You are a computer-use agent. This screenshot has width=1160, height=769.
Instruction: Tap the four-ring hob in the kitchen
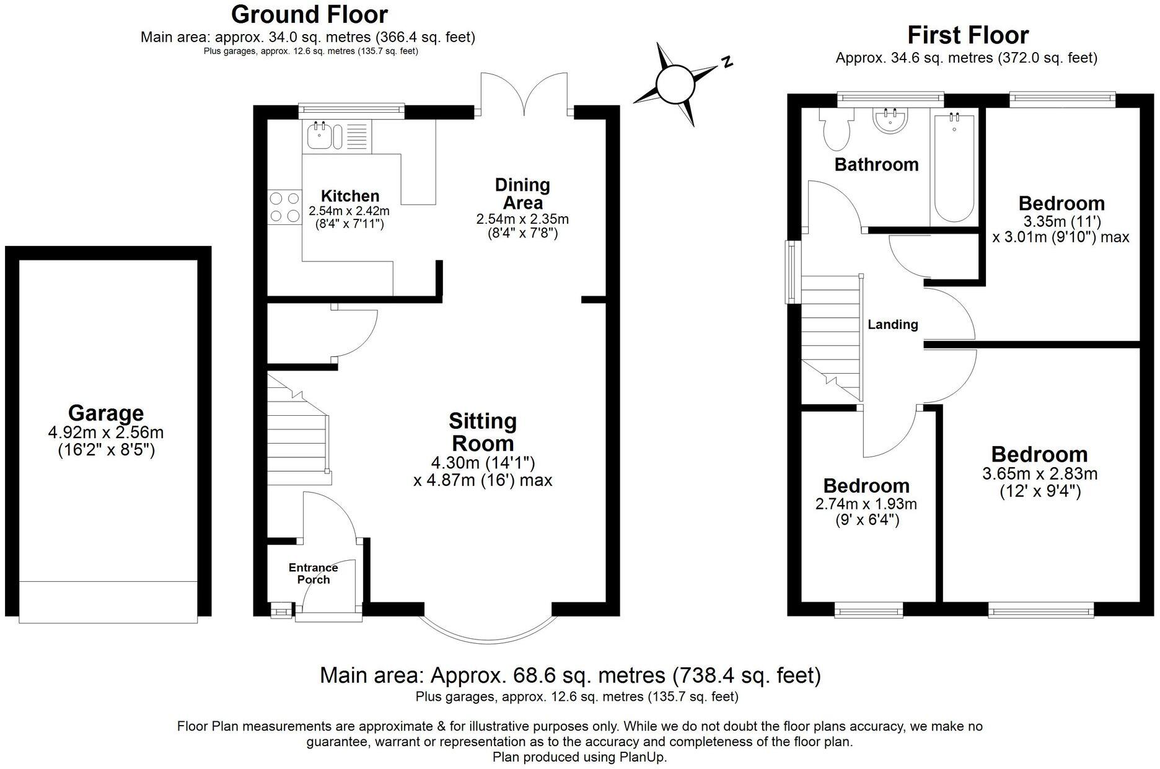coord(284,207)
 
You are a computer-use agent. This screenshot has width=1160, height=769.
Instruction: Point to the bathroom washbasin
coord(890,120)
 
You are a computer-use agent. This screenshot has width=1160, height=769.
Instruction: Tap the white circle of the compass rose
coord(674,85)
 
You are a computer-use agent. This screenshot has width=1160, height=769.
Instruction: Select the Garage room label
coord(106,413)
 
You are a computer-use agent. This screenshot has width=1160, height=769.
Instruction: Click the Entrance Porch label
coord(314,573)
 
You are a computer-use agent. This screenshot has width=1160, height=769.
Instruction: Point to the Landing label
coord(892,324)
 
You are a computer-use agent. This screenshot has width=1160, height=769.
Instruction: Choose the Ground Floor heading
coord(309,14)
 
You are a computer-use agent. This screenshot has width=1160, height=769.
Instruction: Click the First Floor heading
coord(968,35)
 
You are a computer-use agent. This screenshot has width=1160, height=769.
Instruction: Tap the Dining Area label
coord(522,193)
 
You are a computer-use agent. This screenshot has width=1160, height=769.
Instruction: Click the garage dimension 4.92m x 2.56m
coord(106,433)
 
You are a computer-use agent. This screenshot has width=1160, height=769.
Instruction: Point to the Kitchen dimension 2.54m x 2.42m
coord(349,211)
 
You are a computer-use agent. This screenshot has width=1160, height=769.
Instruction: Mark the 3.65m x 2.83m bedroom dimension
coord(1040,474)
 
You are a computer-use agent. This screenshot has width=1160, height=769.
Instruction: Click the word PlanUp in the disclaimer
coord(642,757)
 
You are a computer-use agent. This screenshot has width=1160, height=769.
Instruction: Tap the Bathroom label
coord(876,164)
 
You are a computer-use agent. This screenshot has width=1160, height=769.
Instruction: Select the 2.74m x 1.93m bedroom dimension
coord(866,504)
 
